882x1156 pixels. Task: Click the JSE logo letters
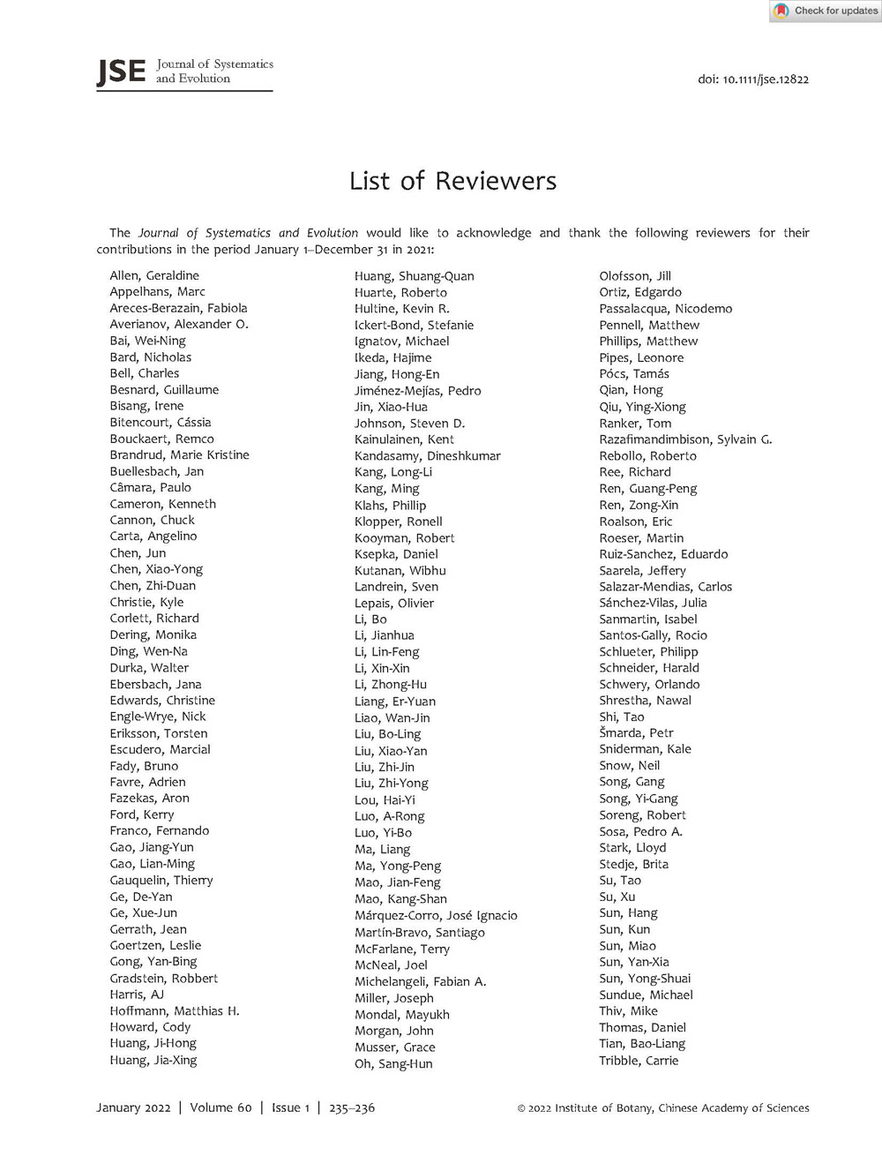click(x=121, y=71)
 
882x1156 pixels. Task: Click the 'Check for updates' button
click(x=826, y=11)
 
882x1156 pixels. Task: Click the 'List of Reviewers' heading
click(x=452, y=181)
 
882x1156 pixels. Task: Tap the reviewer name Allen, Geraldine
click(x=154, y=275)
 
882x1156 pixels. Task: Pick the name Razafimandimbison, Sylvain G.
click(x=685, y=439)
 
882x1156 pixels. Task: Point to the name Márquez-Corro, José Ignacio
click(x=436, y=915)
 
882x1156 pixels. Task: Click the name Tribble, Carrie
click(x=639, y=1060)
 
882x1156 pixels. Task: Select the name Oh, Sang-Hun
click(x=393, y=1063)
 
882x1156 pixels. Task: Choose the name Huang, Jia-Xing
click(x=153, y=1060)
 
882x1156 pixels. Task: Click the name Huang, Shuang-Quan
click(x=414, y=276)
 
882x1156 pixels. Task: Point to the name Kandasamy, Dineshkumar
click(x=427, y=456)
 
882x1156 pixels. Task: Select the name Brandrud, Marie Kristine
click(x=179, y=454)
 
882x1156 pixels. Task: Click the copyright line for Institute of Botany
click(x=662, y=1108)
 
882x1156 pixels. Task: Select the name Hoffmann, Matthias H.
click(x=175, y=1010)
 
